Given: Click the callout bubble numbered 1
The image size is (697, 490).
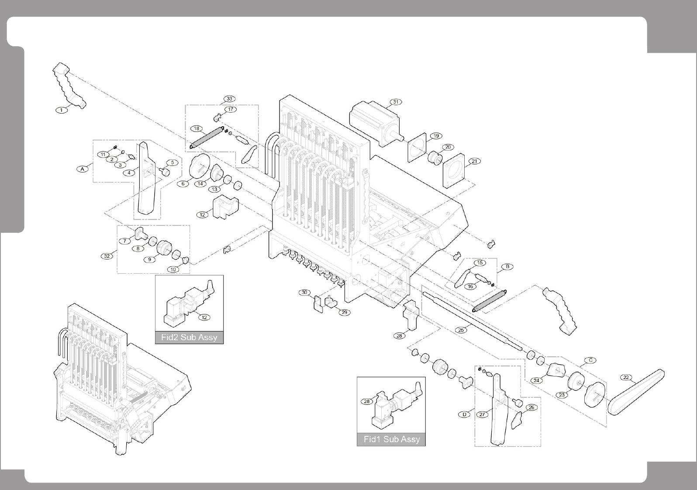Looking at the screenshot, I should coord(62,110).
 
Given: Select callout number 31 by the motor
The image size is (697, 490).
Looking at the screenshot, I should coord(396,102).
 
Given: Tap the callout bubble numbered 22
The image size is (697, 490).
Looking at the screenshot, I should coord(626,377).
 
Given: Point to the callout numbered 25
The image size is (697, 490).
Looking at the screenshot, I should coord(461,330).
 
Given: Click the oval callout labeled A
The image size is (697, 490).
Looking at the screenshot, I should coord(83,169).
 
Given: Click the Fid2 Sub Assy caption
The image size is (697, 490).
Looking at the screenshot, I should coord(189,337).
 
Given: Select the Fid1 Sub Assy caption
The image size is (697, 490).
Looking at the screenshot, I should coord(391,439).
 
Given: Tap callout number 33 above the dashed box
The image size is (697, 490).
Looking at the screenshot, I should coord(230,99).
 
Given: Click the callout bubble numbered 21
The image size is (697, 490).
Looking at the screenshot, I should coord(475,161).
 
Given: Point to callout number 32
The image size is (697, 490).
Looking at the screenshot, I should coord(107,256).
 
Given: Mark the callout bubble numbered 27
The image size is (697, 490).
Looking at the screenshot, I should coord(482,414).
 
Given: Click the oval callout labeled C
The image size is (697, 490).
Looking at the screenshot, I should coord(590,360).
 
